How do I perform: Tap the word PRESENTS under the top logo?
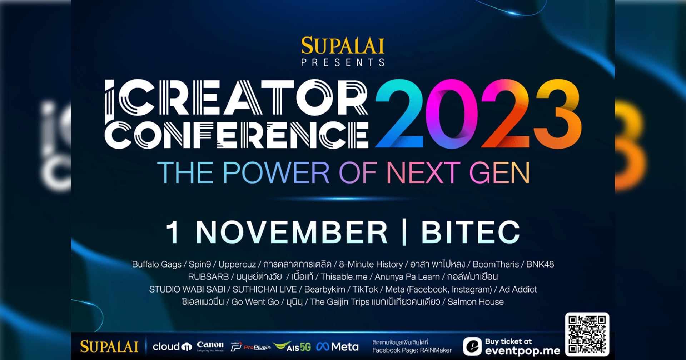tap(343, 62)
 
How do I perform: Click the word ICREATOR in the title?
tap(236, 98)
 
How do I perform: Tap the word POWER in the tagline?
tap(276, 173)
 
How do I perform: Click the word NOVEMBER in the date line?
tap(291, 232)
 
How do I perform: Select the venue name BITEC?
tap(470, 232)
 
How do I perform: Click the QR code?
tap(587, 334)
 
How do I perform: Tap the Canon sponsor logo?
tap(210, 346)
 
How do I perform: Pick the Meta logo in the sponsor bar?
tap(337, 346)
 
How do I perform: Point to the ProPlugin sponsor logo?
tap(251, 347)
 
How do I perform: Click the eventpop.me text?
tap(523, 351)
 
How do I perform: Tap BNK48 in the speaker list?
tap(540, 264)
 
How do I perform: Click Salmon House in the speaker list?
tap(476, 302)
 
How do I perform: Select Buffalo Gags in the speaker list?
tap(157, 265)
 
